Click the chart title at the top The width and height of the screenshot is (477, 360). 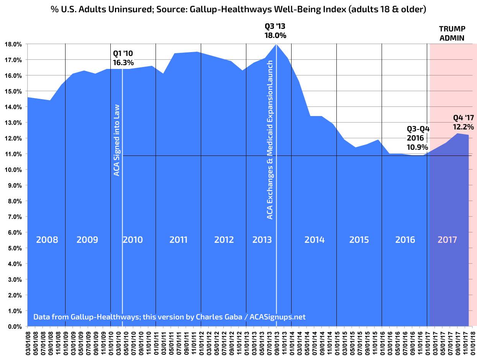click(x=238, y=10)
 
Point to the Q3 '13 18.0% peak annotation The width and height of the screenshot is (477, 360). click(x=275, y=31)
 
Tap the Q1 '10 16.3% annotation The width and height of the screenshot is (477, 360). click(x=123, y=57)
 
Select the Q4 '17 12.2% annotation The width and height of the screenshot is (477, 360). click(x=463, y=122)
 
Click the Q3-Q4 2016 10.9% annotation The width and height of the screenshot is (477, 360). click(x=418, y=138)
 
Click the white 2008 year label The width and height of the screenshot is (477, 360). click(x=47, y=240)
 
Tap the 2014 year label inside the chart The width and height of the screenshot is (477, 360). click(x=314, y=240)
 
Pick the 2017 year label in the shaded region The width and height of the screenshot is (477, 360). click(x=447, y=240)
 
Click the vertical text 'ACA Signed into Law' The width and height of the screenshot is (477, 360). click(x=117, y=140)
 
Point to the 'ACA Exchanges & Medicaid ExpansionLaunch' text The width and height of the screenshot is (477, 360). click(x=270, y=140)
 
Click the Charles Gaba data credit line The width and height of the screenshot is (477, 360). click(x=169, y=317)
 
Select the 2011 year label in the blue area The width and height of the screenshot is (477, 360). click(x=178, y=240)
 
